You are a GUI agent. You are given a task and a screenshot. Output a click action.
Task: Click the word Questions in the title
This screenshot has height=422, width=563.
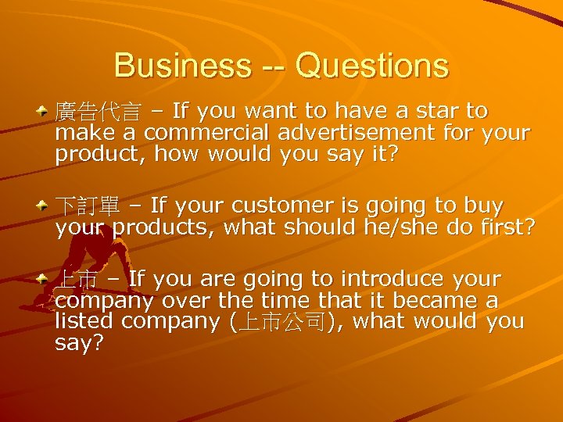371,66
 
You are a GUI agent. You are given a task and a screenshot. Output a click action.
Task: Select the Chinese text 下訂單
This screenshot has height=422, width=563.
87,206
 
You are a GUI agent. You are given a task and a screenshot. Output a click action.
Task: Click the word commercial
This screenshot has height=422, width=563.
203,133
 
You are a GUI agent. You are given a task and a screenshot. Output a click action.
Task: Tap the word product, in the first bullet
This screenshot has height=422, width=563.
101,155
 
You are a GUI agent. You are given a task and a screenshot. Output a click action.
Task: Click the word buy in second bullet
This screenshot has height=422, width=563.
485,206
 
